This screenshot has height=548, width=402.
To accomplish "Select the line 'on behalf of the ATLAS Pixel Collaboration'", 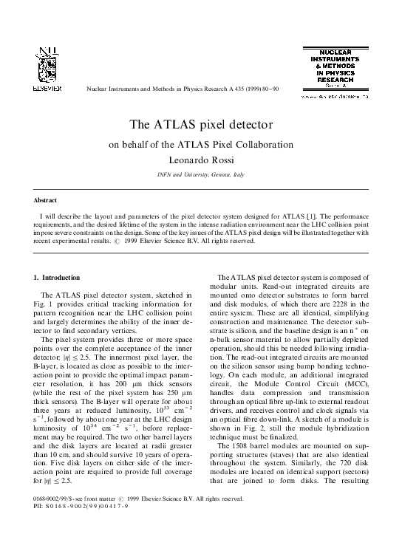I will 201,145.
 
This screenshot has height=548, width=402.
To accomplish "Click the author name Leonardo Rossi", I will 201,160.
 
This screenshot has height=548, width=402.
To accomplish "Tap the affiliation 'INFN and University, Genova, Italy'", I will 201,174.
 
